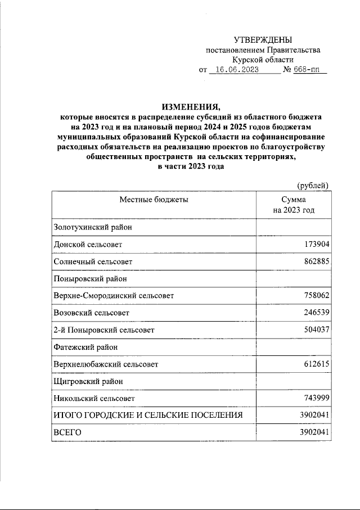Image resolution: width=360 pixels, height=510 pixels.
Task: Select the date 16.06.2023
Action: pyautogui.click(x=237, y=70)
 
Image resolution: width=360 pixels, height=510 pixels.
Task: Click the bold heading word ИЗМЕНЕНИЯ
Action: pyautogui.click(x=190, y=107)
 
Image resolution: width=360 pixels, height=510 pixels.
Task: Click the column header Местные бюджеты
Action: pyautogui.click(x=153, y=200)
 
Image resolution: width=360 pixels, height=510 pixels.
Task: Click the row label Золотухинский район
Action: pyautogui.click(x=92, y=228)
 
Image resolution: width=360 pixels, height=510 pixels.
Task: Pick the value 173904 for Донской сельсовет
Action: pyautogui.click(x=315, y=245)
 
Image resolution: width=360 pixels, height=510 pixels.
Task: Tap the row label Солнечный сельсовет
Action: pyautogui.click(x=93, y=261)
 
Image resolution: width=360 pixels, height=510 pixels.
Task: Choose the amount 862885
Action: pyautogui.click(x=315, y=261)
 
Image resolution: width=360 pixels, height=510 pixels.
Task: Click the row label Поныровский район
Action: pyautogui.click(x=90, y=278)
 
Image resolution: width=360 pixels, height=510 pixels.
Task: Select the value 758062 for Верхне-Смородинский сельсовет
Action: pyautogui.click(x=315, y=295)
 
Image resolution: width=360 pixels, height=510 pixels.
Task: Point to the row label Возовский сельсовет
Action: pyautogui.click(x=91, y=312)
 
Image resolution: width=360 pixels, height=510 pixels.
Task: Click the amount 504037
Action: pyautogui.click(x=315, y=330)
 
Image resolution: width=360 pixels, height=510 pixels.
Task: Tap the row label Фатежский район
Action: pyautogui.click(x=85, y=347)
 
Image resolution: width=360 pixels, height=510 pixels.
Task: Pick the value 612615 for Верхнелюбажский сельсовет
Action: pyautogui.click(x=315, y=364)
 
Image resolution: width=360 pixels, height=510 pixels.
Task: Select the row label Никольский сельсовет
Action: pyautogui.click(x=94, y=398)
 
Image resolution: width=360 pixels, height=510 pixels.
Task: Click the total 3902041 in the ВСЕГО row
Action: pyautogui.click(x=313, y=432)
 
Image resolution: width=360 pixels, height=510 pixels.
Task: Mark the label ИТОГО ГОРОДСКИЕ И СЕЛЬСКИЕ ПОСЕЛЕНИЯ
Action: pyautogui.click(x=148, y=415)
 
